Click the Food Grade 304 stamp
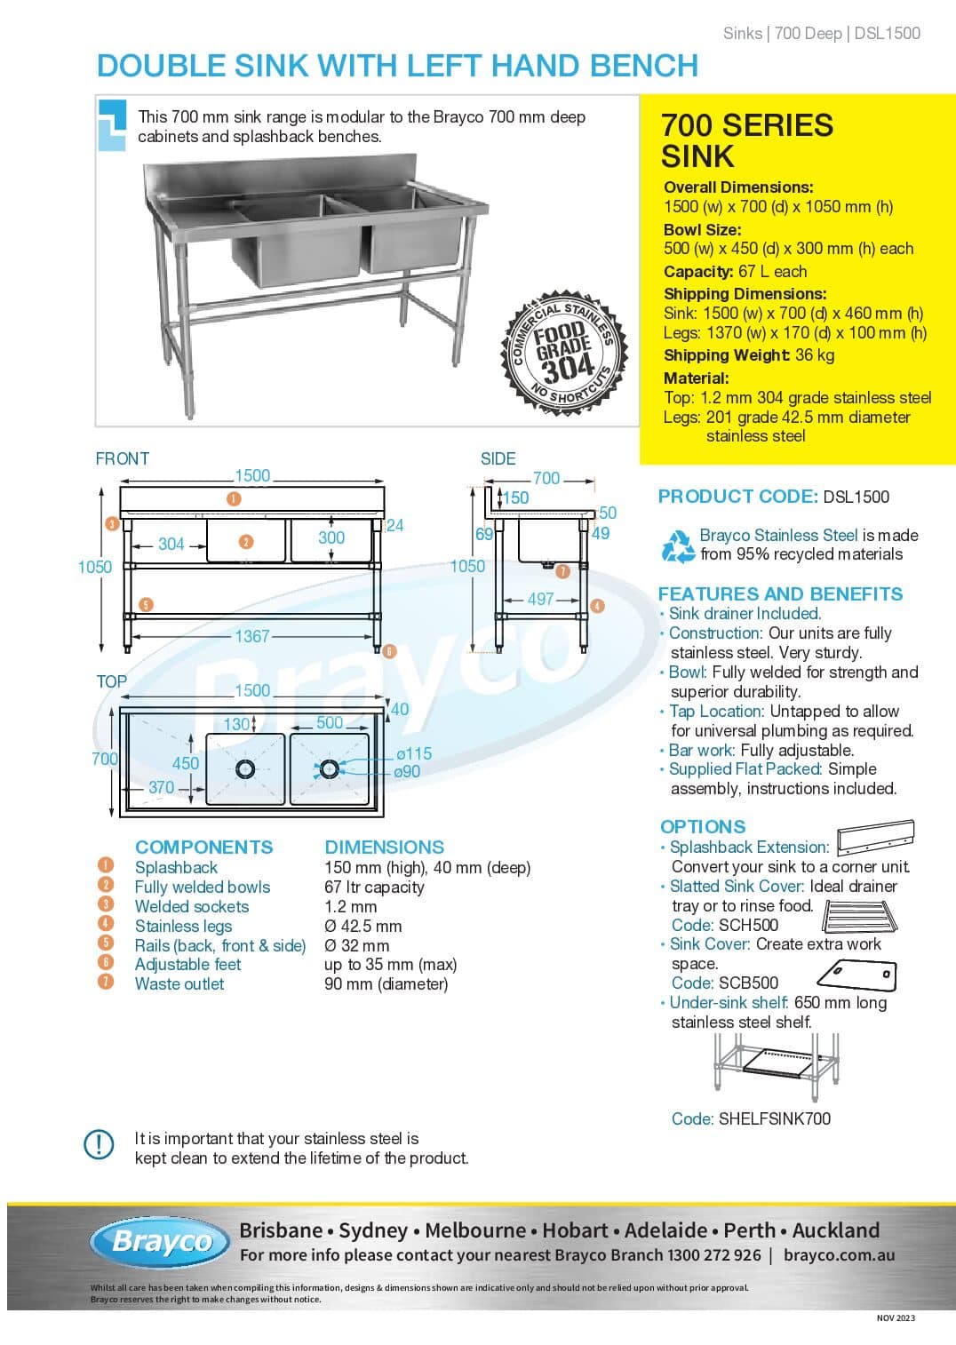click(564, 353)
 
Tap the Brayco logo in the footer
click(160, 1242)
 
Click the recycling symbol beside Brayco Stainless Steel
click(678, 545)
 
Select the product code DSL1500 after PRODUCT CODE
click(856, 497)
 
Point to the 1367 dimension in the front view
click(252, 636)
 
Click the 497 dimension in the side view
click(540, 599)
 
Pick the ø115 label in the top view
click(414, 753)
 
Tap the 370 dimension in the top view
click(161, 787)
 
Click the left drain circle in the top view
click(245, 768)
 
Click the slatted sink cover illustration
click(860, 916)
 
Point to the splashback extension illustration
click(875, 837)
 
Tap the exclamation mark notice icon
click(99, 1144)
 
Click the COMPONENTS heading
click(203, 847)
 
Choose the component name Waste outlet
click(179, 983)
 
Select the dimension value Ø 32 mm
click(356, 945)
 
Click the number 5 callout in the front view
click(146, 605)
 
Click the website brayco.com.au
click(839, 1255)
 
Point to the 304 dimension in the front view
click(171, 544)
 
